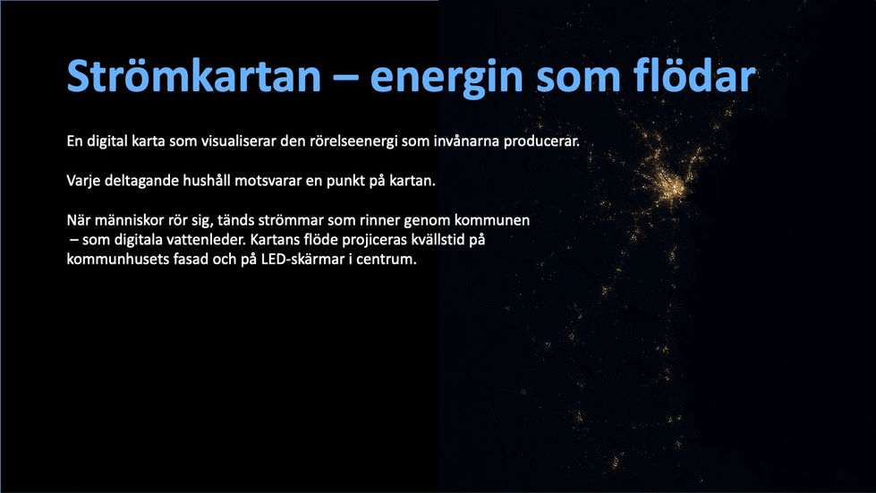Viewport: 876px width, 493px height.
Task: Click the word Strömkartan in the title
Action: pos(193,78)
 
